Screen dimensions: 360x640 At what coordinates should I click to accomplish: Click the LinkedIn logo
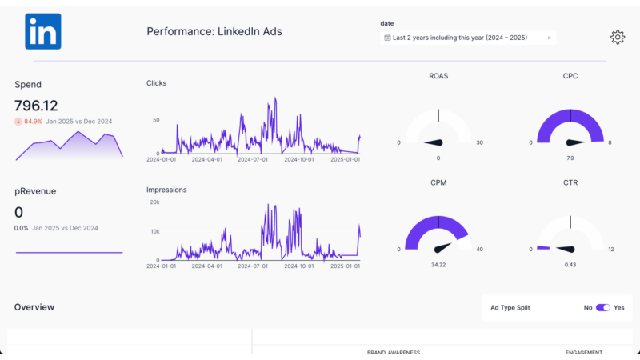click(42, 32)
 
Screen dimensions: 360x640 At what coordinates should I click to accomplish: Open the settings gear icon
click(617, 37)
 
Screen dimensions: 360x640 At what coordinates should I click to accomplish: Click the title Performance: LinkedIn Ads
click(214, 32)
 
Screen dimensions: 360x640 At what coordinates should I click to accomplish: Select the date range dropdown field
click(464, 38)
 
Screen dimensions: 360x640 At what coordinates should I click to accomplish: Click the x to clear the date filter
click(549, 38)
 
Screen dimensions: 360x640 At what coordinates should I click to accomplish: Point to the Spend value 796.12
click(36, 106)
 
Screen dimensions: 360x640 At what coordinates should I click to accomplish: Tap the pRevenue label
click(35, 191)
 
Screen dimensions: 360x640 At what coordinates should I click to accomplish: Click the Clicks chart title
click(157, 83)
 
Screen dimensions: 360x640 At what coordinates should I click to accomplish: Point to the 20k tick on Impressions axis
click(155, 202)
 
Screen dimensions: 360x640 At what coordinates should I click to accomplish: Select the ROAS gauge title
click(438, 77)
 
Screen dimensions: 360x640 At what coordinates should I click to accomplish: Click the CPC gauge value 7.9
click(570, 158)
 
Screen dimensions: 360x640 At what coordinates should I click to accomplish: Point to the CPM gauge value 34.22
click(438, 264)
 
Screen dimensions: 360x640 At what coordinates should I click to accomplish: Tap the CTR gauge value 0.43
click(570, 264)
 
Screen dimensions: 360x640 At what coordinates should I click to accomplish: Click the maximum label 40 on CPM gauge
click(479, 249)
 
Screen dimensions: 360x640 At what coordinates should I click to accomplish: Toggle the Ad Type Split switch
click(602, 307)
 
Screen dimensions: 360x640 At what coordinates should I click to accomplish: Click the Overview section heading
click(34, 307)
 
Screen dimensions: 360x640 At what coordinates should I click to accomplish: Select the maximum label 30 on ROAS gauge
click(479, 142)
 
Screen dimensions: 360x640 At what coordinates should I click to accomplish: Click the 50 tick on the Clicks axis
click(156, 120)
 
